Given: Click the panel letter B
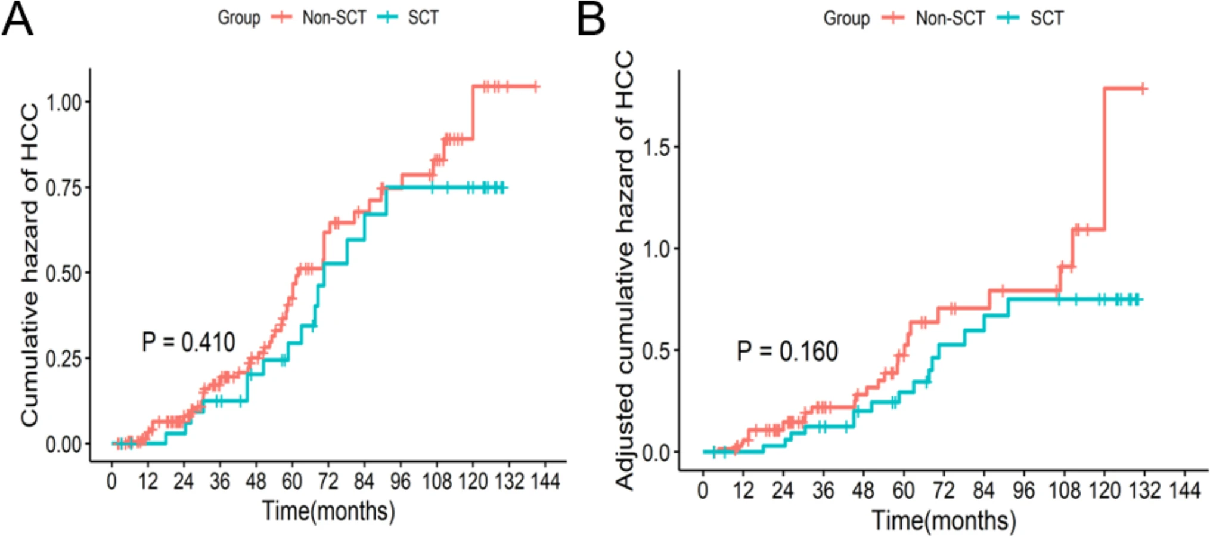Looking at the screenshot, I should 591,19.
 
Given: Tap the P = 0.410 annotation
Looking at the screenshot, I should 188,342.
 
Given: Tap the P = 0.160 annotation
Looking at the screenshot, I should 787,351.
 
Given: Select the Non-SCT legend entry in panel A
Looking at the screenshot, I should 334,18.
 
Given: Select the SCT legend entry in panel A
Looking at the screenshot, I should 423,18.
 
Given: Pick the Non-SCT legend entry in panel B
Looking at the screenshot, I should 950,18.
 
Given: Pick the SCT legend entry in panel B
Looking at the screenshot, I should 1046,18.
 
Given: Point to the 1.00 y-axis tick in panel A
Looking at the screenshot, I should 64,102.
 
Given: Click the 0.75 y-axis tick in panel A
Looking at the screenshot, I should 64,188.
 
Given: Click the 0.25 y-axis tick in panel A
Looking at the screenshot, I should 64,359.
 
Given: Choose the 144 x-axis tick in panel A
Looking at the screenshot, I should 545,481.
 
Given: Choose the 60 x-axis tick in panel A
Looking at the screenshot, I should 292,481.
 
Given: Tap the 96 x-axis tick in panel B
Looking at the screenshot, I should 1023,490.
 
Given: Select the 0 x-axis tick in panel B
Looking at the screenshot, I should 703,490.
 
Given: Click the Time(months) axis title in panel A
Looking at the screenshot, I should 328,511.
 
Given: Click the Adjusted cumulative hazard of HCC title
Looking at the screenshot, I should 624,270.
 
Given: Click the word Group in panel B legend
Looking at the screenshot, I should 846,18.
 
